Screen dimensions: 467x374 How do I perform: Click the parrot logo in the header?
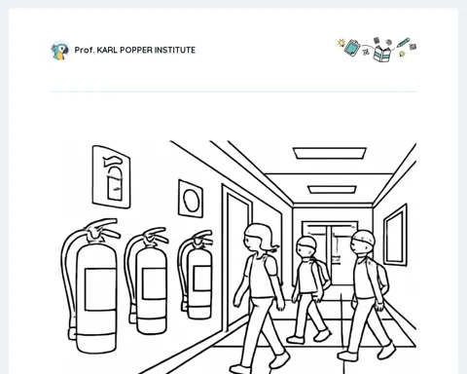click(x=60, y=51)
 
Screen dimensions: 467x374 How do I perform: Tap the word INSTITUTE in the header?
click(x=175, y=50)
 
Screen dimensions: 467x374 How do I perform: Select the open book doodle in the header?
click(x=382, y=54)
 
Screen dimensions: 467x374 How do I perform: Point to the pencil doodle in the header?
click(x=403, y=43)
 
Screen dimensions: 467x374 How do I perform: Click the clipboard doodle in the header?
click(x=351, y=48)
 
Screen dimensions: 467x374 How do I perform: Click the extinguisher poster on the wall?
click(x=111, y=176)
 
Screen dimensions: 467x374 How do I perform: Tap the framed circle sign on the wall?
click(x=191, y=199)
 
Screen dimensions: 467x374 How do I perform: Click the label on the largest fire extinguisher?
click(x=100, y=289)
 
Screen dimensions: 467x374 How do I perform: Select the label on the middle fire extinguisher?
click(x=154, y=284)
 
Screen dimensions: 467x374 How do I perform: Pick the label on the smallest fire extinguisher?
click(x=202, y=278)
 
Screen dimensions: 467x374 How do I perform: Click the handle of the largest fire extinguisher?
click(x=102, y=228)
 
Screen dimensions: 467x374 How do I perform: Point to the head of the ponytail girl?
click(x=259, y=237)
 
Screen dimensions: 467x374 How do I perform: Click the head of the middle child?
click(x=306, y=246)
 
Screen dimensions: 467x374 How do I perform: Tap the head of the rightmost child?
click(x=363, y=242)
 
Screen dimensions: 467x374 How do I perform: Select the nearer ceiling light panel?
click(x=330, y=153)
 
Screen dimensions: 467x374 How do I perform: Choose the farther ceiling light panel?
click(x=332, y=190)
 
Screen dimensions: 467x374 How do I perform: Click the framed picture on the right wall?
click(x=395, y=235)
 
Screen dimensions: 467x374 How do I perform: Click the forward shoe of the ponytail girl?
click(x=279, y=359)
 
